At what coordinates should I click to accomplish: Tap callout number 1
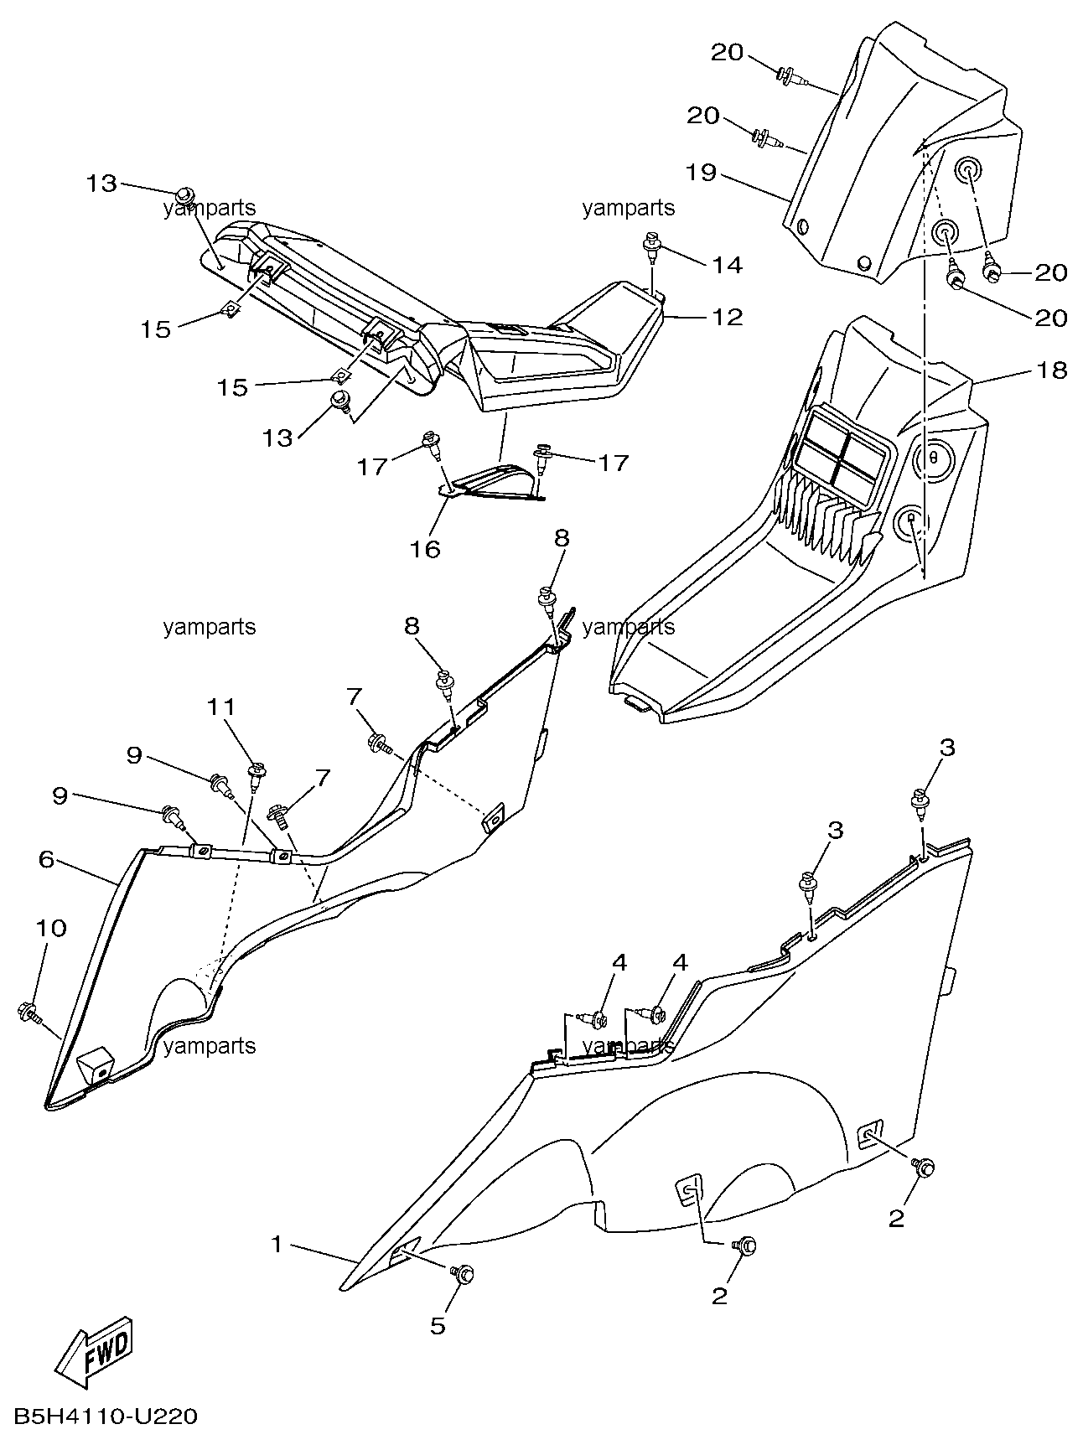coord(277,1245)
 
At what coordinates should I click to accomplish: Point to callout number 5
coord(438,1325)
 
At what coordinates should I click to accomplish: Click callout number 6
coord(47,859)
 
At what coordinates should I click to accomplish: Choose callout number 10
coord(50,928)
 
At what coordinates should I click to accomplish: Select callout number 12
coord(728,317)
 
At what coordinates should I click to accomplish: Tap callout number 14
coord(728,266)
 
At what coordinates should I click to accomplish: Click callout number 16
coord(426,549)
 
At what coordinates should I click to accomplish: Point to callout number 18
coord(1052,370)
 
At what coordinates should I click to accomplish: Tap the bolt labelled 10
coord(27,1013)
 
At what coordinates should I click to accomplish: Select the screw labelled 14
coord(650,246)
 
